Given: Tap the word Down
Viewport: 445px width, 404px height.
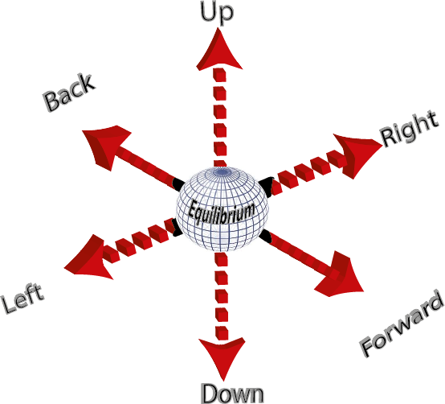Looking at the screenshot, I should coord(231,394).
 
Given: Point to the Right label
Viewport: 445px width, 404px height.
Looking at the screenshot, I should coord(411,129).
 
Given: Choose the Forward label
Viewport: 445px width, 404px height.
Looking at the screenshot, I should coord(402,326).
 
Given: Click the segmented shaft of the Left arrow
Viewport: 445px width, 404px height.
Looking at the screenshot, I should coord(141,239).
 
